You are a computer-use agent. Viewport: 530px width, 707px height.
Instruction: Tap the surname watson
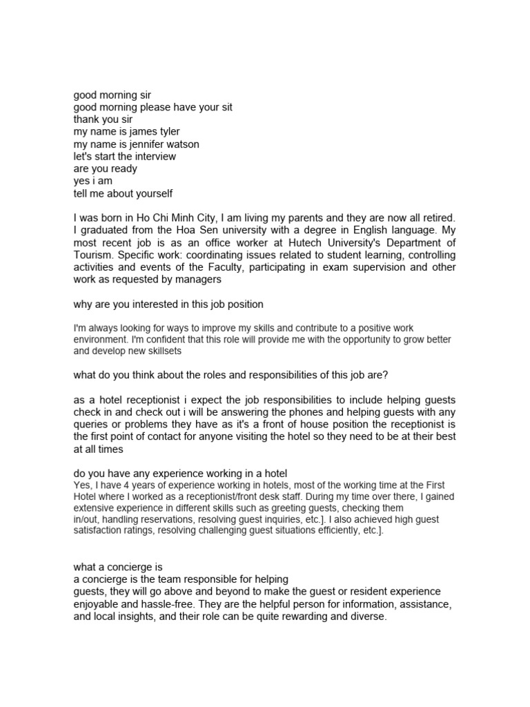[x=181, y=144]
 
